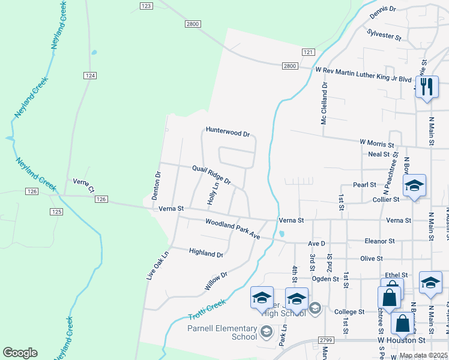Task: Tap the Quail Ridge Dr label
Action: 211,175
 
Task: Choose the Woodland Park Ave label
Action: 232,229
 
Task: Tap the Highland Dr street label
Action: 206,253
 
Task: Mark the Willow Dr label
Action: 215,281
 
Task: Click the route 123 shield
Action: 146,5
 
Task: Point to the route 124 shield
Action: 89,75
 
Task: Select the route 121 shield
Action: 308,53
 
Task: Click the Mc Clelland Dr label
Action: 324,104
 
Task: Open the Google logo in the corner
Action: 20,353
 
